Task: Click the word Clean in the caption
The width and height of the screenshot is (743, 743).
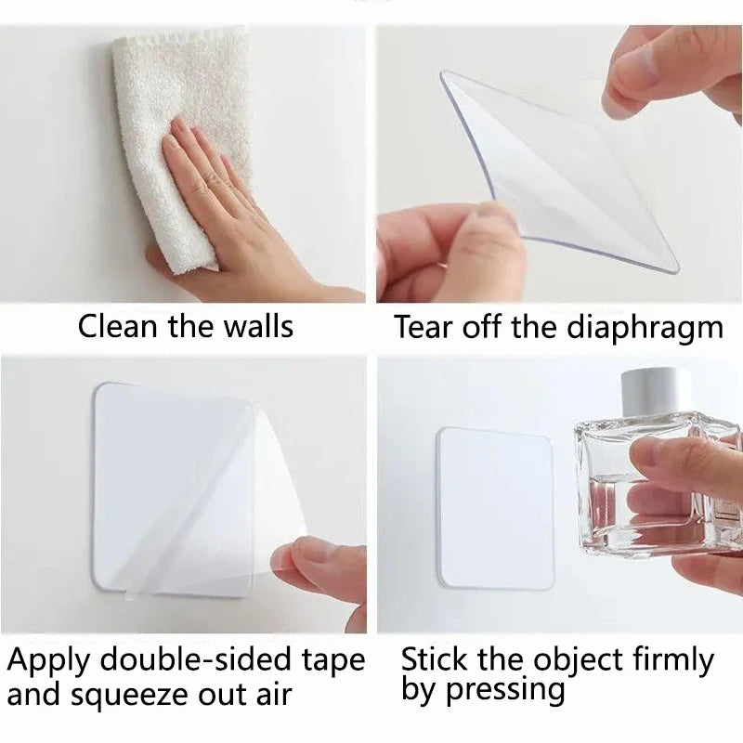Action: tap(118, 326)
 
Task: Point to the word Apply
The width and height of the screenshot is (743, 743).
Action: tap(46, 662)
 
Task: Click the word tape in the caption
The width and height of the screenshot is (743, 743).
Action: tap(332, 662)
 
